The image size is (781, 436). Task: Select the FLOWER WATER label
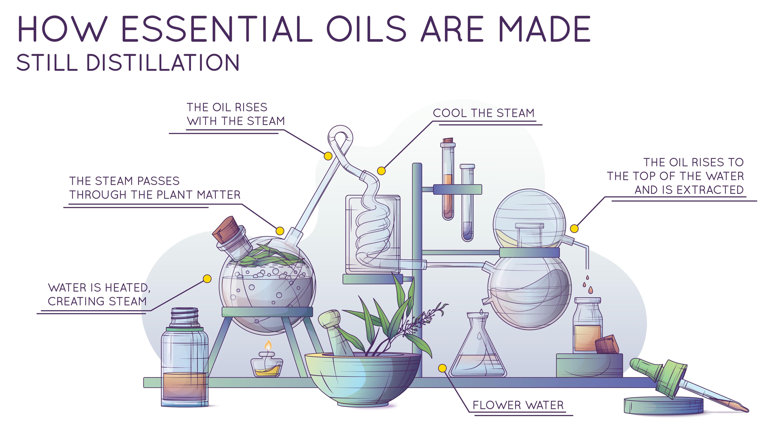click(x=518, y=405)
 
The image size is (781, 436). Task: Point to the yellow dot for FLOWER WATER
click(x=443, y=368)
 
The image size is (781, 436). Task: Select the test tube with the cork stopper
click(x=448, y=179)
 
